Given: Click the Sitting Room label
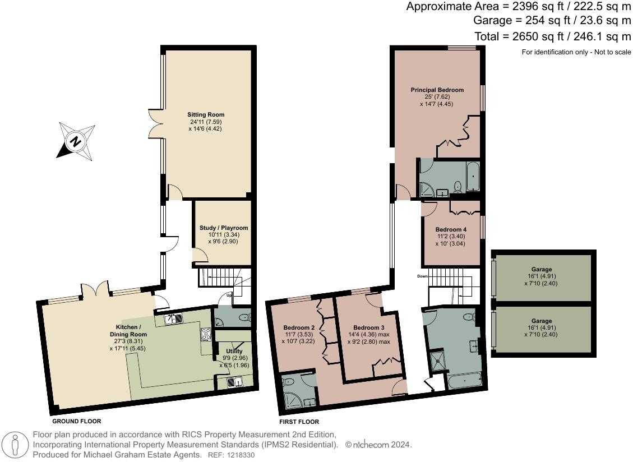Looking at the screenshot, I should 206,115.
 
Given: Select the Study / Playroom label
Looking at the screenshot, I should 224,228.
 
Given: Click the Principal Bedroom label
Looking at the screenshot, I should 437,90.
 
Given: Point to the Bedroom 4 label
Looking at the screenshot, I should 451,230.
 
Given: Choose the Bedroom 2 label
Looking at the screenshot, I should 298,327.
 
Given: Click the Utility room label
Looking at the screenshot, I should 227,352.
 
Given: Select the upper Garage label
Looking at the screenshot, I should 542,270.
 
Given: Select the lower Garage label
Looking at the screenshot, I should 542,321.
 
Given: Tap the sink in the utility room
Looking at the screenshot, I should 234,382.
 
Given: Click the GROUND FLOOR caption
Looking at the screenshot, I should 76,421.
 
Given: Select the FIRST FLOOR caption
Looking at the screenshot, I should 299,422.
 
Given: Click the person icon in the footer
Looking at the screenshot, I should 17,445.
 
